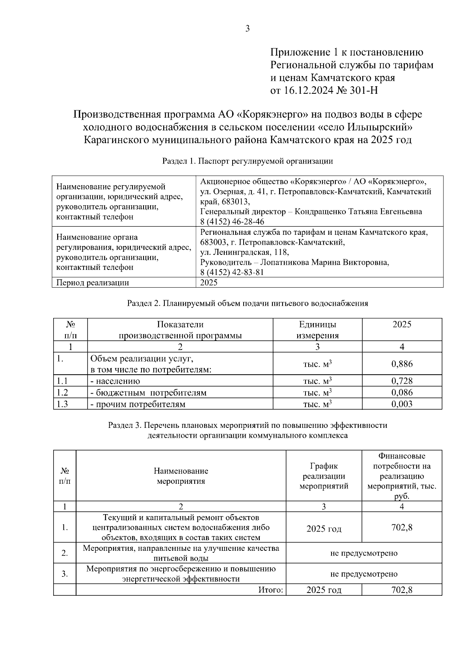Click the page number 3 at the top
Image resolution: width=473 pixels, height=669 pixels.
[248, 28]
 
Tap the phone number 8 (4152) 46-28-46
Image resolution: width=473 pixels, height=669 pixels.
[232, 221]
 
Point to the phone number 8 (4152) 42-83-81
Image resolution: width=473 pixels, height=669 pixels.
[232, 272]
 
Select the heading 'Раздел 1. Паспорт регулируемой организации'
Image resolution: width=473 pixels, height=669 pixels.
[248, 161]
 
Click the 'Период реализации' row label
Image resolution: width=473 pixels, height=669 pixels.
[93, 282]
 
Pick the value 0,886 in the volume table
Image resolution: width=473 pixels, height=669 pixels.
[402, 364]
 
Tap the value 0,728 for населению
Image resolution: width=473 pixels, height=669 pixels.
[402, 381]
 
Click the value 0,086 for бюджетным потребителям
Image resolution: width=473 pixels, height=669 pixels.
[402, 392]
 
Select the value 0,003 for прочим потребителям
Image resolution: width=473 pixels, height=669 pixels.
[402, 404]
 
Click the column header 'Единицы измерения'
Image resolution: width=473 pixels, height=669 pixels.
[317, 330]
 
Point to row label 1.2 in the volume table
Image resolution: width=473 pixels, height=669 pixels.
[62, 392]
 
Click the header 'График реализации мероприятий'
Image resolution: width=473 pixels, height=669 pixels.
[324, 476]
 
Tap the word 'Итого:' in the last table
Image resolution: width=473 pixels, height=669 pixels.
[271, 590]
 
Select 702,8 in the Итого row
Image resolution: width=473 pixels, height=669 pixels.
[402, 590]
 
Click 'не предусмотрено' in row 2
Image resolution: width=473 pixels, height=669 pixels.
[363, 553]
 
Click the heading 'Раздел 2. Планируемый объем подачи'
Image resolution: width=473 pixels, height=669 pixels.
[248, 303]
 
